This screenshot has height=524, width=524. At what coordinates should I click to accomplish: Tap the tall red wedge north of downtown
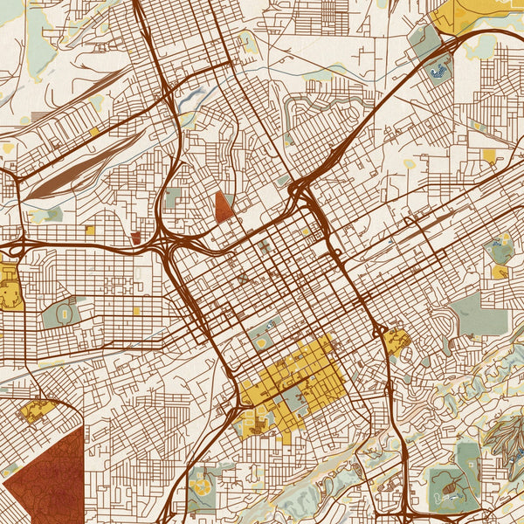224,206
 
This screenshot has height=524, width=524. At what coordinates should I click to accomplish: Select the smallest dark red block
134,237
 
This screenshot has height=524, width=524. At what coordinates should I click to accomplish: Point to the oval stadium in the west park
64,312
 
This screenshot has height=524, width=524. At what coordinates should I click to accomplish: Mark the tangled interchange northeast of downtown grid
300,188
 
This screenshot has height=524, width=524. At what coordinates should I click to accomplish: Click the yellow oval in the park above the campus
261,342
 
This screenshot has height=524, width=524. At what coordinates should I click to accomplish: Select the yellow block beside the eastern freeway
396,341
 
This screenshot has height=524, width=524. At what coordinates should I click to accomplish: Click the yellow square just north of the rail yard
94,132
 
